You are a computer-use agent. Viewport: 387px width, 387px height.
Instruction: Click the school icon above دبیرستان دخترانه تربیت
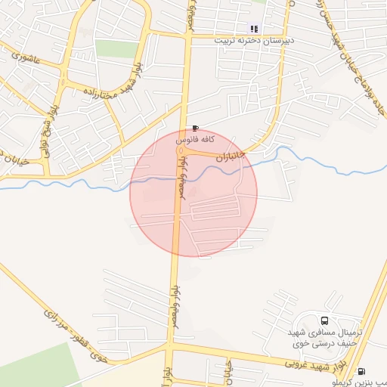tap(254, 29)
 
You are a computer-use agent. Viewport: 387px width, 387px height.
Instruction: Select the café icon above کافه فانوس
tap(197, 128)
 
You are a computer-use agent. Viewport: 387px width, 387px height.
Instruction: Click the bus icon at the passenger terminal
tap(325, 320)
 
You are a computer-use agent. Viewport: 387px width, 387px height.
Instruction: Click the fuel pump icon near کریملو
tap(362, 372)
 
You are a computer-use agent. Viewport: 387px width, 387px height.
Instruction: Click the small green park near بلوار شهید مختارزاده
tap(116, 48)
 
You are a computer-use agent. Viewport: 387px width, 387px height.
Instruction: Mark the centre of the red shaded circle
tap(193, 193)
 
